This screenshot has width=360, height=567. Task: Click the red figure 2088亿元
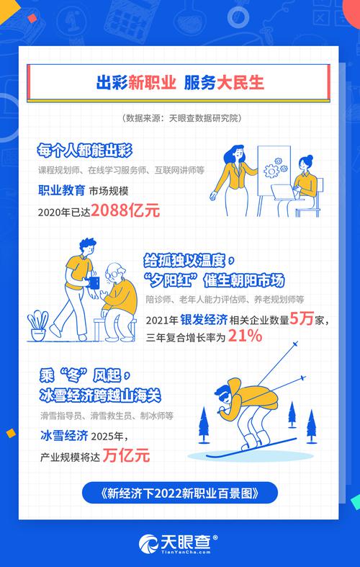(x=125, y=211)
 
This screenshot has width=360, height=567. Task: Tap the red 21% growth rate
(x=245, y=336)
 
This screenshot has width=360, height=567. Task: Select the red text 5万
(x=301, y=320)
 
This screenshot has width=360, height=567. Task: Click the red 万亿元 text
(x=126, y=455)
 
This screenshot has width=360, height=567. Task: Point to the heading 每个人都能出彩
(x=84, y=151)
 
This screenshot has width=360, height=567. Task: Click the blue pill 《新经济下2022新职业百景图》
(x=179, y=494)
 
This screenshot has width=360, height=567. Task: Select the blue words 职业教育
(x=61, y=191)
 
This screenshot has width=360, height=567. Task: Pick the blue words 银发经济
(x=204, y=320)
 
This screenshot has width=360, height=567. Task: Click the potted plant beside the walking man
(x=38, y=326)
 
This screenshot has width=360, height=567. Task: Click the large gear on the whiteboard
(x=271, y=170)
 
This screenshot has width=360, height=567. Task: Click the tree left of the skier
(x=204, y=425)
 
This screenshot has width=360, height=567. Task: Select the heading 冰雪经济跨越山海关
(x=100, y=396)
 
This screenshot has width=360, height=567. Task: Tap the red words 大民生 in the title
(x=240, y=82)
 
